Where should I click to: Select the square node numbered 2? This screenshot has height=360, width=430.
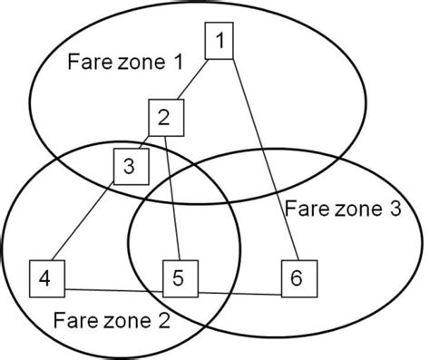(x=165, y=116)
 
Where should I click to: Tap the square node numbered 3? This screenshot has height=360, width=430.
(x=128, y=166)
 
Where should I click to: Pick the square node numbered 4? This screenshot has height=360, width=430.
(x=45, y=277)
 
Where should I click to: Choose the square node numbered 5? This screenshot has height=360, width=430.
(x=180, y=277)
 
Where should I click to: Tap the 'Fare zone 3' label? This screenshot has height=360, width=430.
(x=342, y=208)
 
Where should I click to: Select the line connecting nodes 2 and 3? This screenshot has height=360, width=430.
(x=146, y=141)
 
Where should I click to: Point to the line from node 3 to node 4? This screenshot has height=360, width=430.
(x=86, y=222)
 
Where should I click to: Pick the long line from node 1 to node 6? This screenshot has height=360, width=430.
(x=263, y=163)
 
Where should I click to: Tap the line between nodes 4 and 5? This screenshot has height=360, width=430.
(x=112, y=290)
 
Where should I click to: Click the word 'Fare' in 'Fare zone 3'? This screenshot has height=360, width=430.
(x=303, y=208)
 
